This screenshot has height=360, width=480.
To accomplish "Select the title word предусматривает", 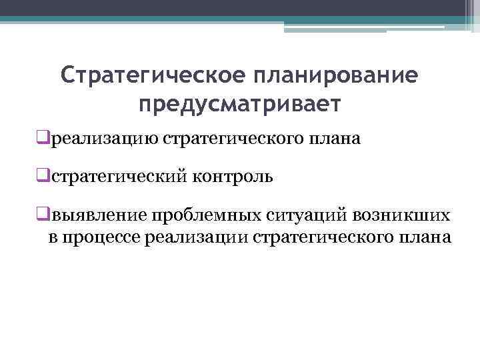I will [x=239, y=104].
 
